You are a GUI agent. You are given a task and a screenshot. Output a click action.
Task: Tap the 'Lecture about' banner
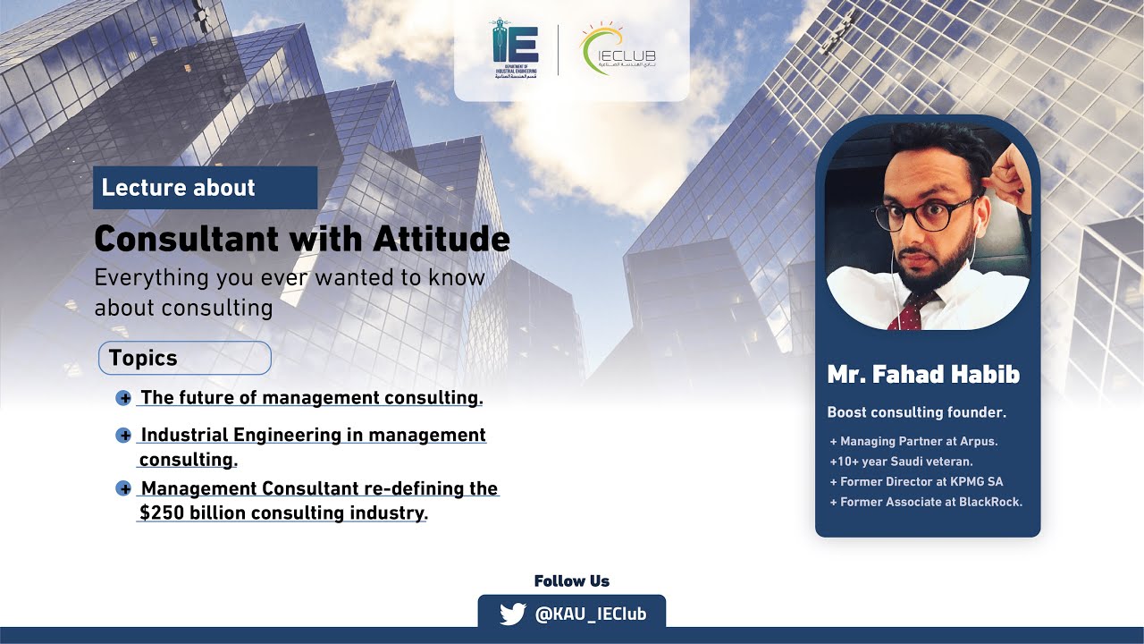(205, 188)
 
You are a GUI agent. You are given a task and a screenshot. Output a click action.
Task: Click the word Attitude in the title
(442, 239)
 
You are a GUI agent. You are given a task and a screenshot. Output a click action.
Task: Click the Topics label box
(184, 358)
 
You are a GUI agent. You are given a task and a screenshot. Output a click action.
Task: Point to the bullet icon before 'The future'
(124, 398)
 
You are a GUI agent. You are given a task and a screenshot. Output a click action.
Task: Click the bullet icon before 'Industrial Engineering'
(124, 436)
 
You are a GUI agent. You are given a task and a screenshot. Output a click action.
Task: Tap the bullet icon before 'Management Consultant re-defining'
(124, 489)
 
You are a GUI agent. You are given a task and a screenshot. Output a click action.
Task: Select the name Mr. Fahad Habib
(923, 374)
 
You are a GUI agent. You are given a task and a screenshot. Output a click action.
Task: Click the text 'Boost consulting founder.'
(917, 412)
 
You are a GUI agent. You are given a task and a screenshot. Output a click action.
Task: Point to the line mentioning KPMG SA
(916, 481)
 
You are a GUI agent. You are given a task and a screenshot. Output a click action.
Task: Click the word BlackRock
(990, 502)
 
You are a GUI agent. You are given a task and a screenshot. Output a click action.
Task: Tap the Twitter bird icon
(512, 614)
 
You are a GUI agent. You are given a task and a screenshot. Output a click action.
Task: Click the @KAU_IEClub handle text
(589, 614)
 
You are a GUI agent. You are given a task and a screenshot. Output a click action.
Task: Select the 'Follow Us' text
(572, 581)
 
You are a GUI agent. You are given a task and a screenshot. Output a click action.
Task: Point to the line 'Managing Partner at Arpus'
(913, 441)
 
